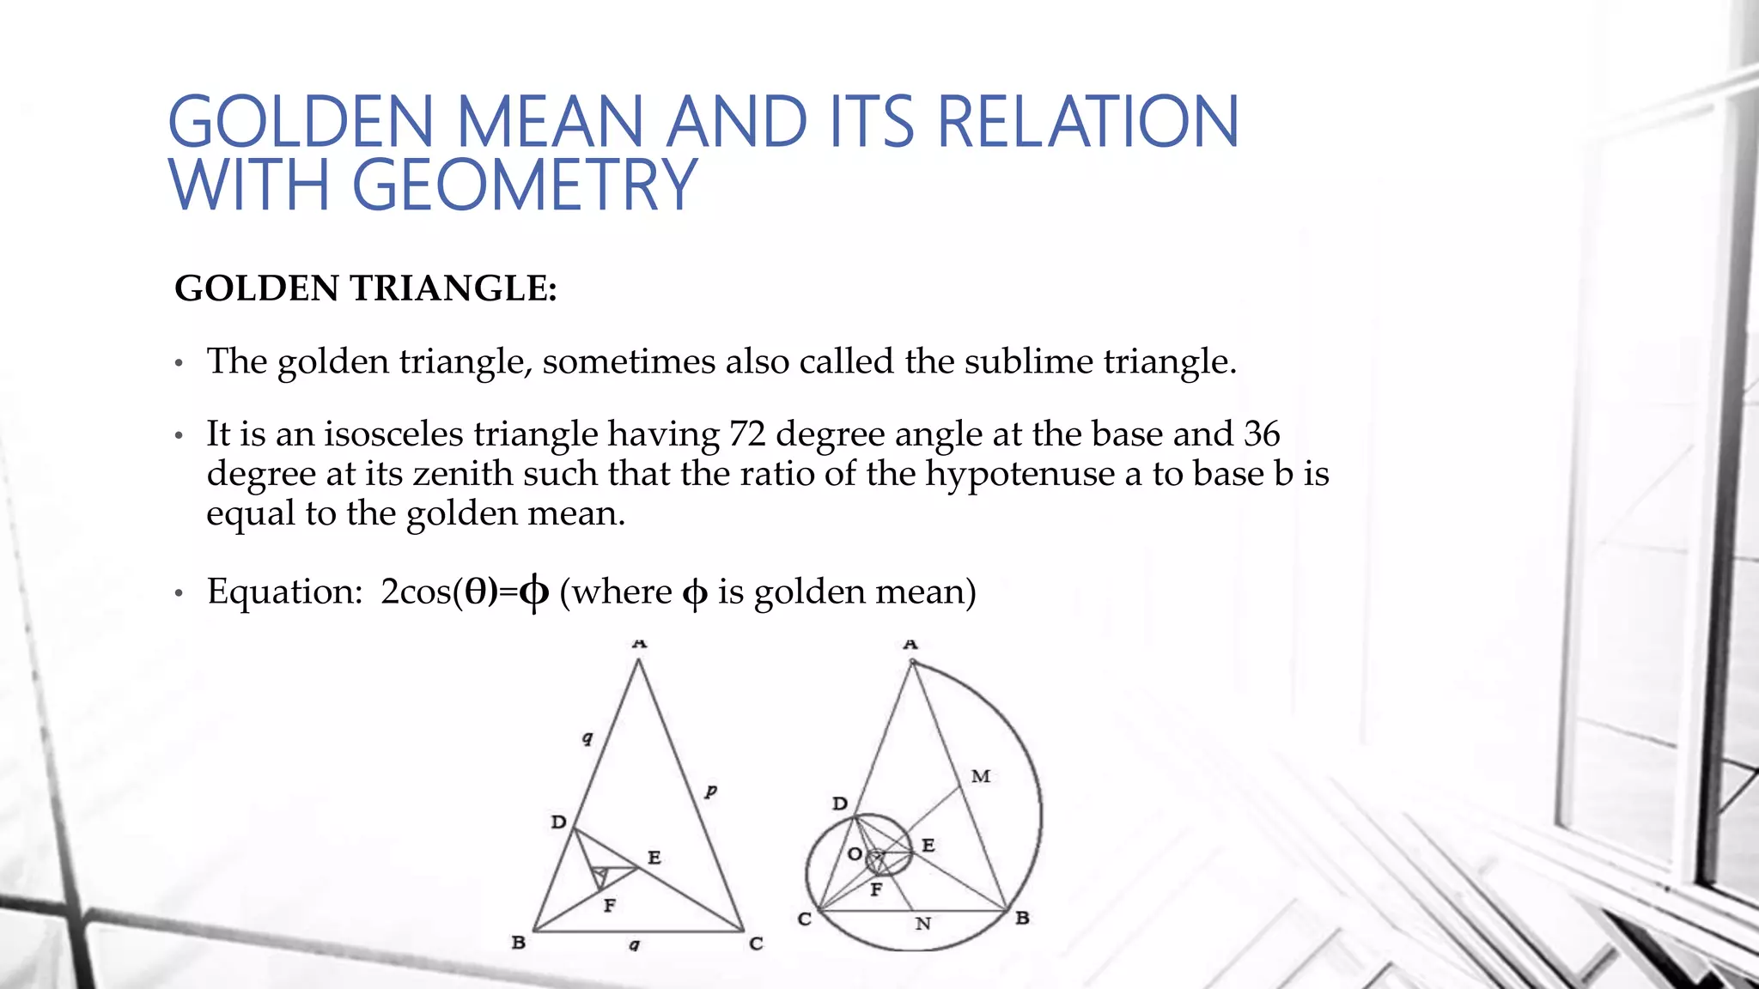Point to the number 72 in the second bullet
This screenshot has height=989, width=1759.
tap(746, 434)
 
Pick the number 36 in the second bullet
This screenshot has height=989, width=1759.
tap(1261, 434)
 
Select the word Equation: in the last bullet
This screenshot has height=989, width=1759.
tap(285, 592)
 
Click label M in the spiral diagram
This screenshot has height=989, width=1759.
tap(981, 777)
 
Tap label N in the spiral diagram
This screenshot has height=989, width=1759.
tap(923, 924)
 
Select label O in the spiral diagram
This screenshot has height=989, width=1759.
tap(855, 854)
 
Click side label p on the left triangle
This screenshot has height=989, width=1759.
tap(710, 790)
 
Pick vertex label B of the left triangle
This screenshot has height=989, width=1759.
tap(519, 943)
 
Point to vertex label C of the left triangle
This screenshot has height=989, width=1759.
tap(756, 943)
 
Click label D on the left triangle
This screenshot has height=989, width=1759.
tap(558, 822)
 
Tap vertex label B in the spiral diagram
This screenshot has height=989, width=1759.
tap(1022, 919)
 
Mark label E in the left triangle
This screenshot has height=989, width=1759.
tap(654, 858)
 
